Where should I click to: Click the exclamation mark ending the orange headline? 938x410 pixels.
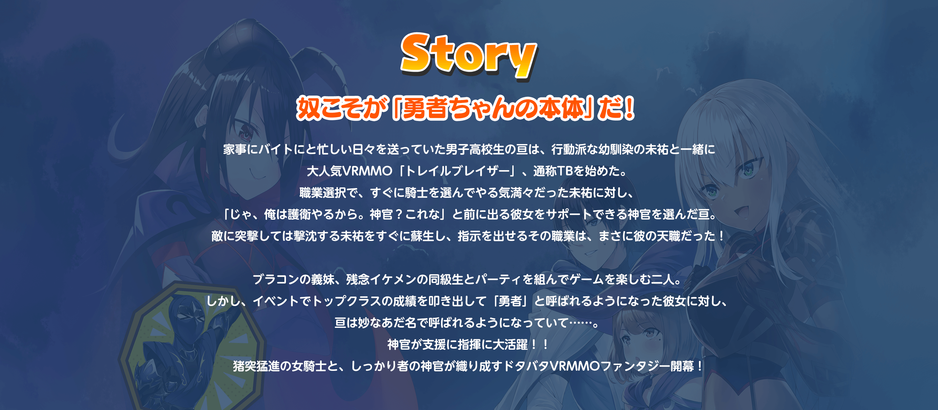coord(629,108)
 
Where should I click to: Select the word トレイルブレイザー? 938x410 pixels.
coord(457,171)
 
